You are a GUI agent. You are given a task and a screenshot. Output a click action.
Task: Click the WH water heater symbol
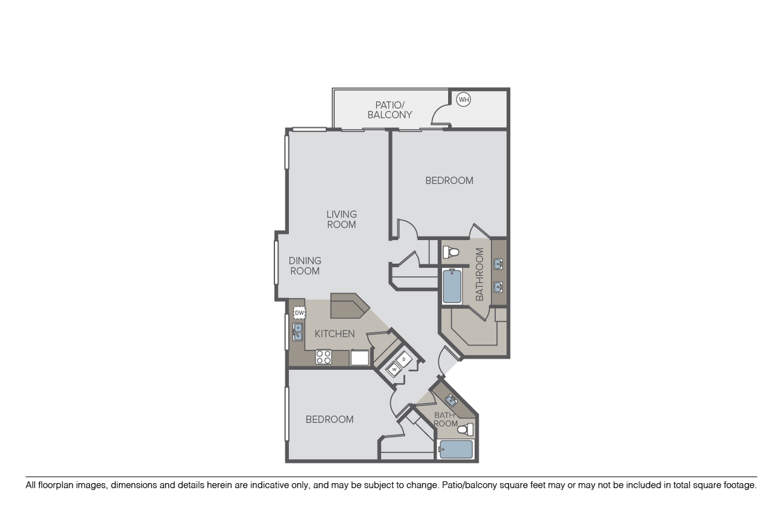pyautogui.click(x=463, y=99)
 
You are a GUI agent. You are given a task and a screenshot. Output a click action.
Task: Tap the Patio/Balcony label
pyautogui.click(x=390, y=109)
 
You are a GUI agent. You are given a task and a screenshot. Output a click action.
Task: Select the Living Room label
pyautogui.click(x=341, y=219)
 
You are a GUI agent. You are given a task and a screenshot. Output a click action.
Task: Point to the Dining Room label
pyautogui.click(x=305, y=266)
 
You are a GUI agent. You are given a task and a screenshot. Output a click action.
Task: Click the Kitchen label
pyautogui.click(x=334, y=333)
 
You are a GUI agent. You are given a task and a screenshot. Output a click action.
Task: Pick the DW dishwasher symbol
pyautogui.click(x=300, y=313)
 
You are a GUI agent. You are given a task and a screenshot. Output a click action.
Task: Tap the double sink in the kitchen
pyautogui.click(x=297, y=332)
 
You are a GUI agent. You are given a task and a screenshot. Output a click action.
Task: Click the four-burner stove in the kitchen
pyautogui.click(x=324, y=357)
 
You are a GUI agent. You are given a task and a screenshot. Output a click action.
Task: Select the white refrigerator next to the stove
pyautogui.click(x=360, y=358)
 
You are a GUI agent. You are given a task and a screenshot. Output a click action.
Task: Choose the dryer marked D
pyautogui.click(x=404, y=359)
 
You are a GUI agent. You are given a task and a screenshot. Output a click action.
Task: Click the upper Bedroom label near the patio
pyautogui.click(x=449, y=180)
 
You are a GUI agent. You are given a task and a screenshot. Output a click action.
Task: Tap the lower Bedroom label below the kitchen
pyautogui.click(x=329, y=419)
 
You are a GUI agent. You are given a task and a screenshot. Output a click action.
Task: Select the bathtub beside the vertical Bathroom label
pyautogui.click(x=452, y=286)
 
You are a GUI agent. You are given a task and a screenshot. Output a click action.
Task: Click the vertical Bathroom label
pyautogui.click(x=479, y=274)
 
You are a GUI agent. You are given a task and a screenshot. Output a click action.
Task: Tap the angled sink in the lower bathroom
pyautogui.click(x=451, y=400)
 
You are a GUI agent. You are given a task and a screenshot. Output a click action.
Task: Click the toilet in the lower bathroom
pyautogui.click(x=465, y=430)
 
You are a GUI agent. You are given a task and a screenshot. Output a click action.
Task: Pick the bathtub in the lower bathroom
pyautogui.click(x=455, y=450)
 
